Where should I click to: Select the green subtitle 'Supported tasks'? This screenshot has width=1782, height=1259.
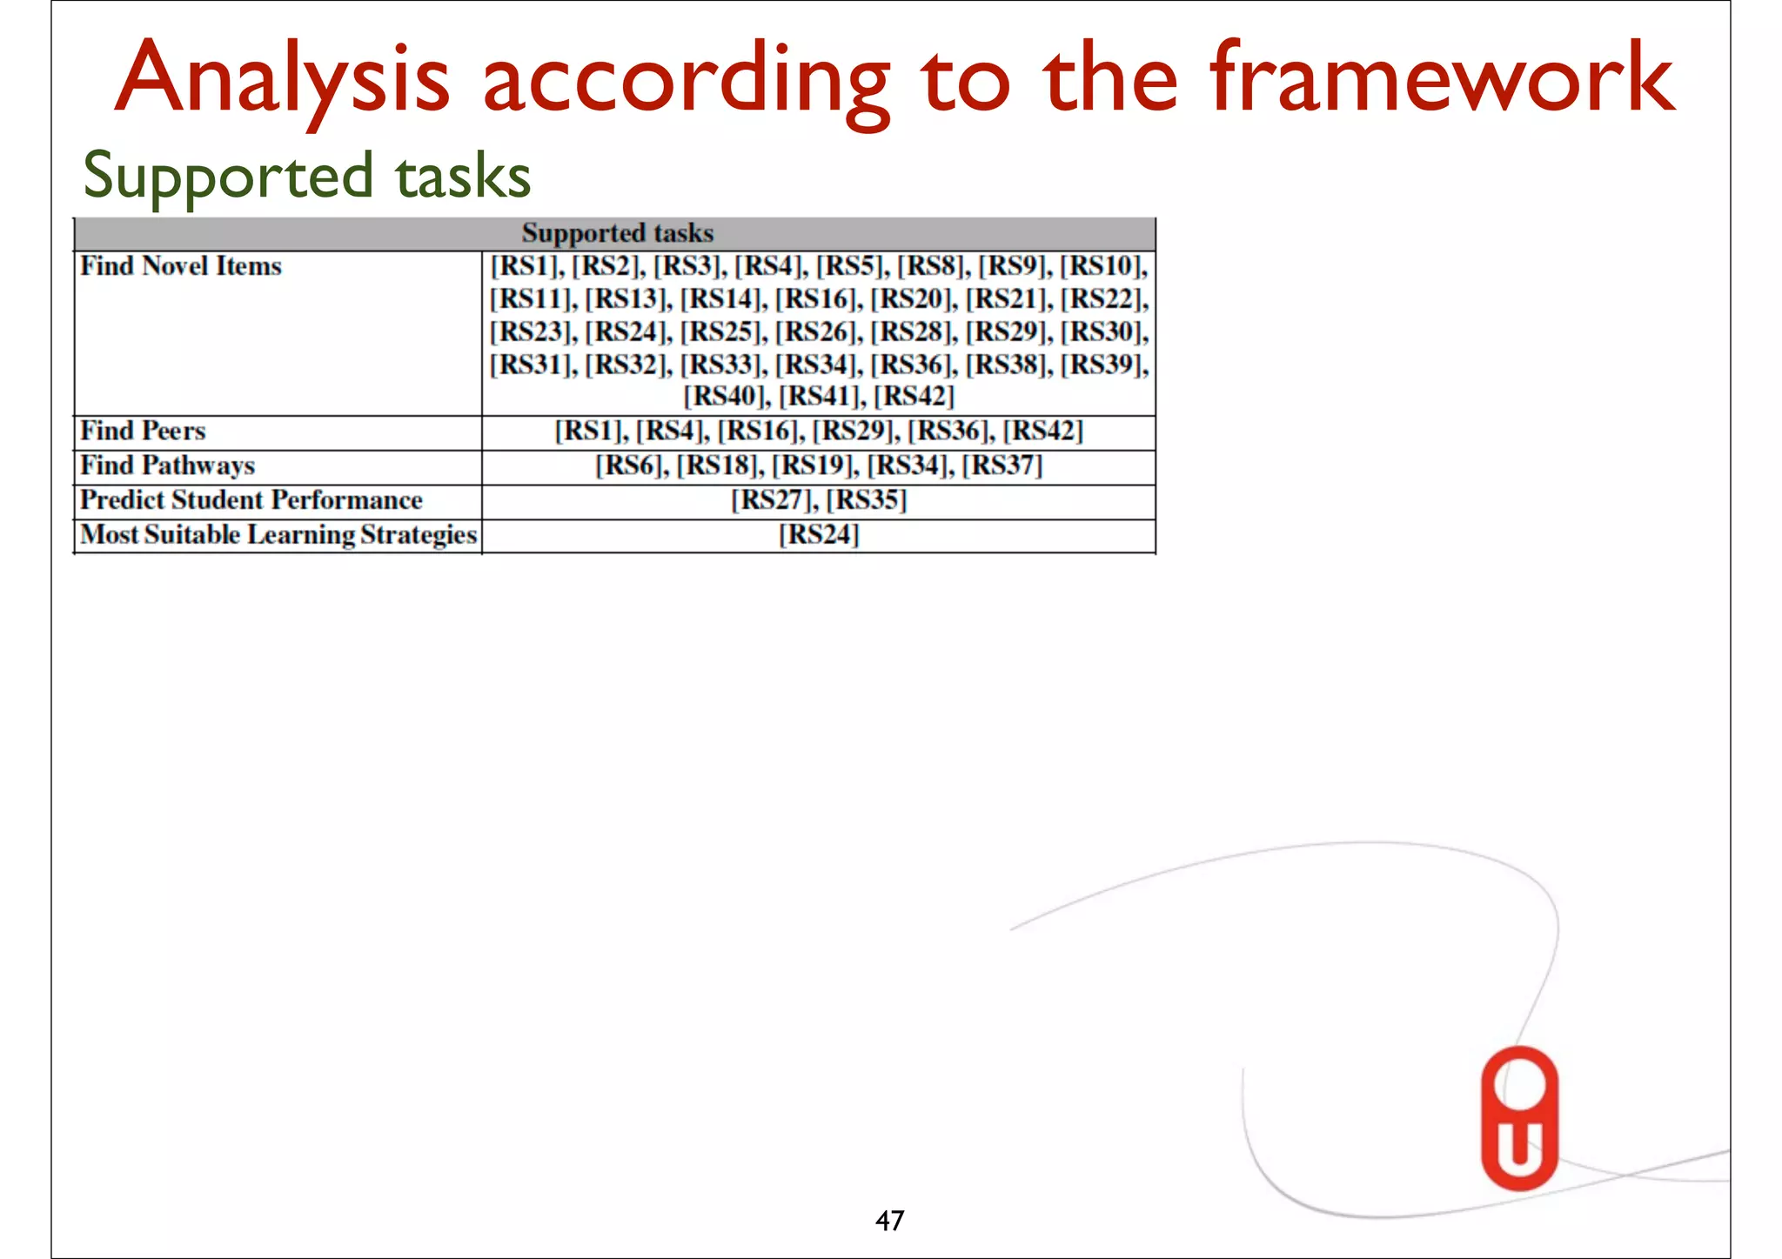(306, 176)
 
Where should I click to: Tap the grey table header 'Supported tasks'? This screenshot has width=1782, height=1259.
(617, 233)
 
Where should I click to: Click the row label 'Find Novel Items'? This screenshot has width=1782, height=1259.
(181, 266)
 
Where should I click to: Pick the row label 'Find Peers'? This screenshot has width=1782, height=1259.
(143, 431)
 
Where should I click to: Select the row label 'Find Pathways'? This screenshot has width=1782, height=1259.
(167, 465)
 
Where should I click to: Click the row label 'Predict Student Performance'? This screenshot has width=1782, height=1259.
(251, 500)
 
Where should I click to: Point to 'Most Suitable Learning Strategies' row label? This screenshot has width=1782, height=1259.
(278, 534)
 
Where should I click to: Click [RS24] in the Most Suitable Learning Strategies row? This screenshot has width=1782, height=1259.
(819, 534)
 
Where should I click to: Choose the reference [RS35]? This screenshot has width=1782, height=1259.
(867, 500)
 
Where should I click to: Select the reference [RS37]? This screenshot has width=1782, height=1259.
(1002, 465)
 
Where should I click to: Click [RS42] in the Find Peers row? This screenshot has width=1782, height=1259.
(1042, 431)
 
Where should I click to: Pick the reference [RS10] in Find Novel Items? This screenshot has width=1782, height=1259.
(1102, 266)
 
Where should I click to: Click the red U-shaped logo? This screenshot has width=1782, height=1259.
(1519, 1118)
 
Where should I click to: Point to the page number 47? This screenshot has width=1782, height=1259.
(889, 1221)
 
